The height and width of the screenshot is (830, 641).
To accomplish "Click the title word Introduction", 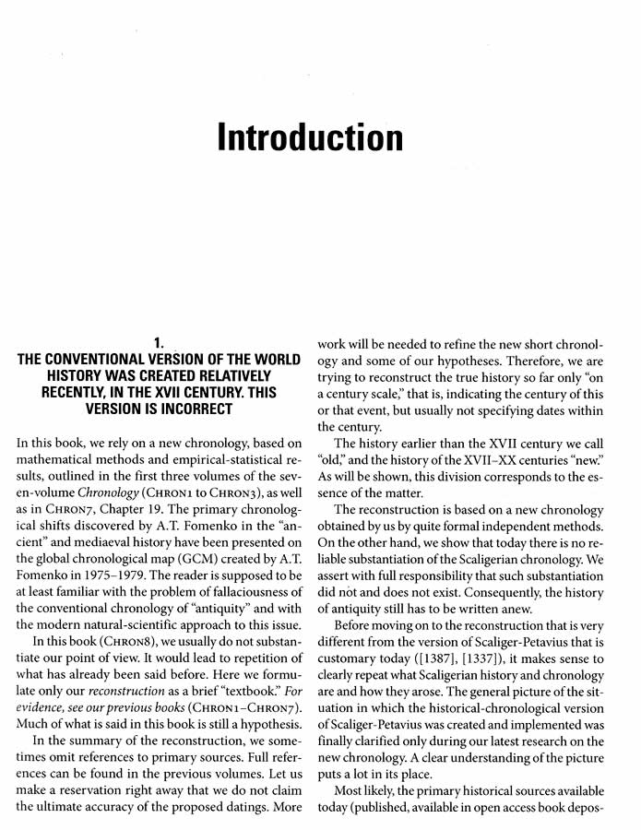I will coord(310,137).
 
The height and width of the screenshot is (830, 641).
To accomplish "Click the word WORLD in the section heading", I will coord(269,360).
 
